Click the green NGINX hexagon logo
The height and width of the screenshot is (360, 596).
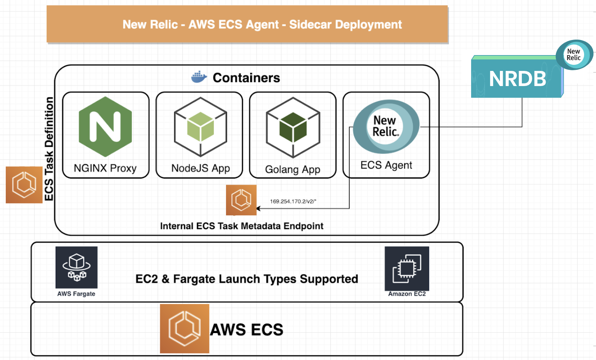click(x=105, y=127)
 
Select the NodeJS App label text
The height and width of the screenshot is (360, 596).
click(x=200, y=168)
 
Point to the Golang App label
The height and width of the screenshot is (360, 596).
click(x=293, y=169)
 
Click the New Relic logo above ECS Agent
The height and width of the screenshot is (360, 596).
click(x=386, y=126)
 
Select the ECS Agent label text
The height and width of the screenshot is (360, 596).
click(x=386, y=165)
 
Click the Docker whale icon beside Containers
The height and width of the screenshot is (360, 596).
click(x=199, y=77)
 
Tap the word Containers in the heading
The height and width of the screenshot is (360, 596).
click(x=246, y=78)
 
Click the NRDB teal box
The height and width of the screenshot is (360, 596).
click(x=517, y=79)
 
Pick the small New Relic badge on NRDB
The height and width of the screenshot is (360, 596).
click(x=574, y=55)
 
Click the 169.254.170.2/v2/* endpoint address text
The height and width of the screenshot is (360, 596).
click(x=293, y=201)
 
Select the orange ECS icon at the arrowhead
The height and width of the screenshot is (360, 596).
click(x=241, y=200)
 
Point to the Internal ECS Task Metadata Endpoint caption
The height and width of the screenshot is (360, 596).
click(x=241, y=226)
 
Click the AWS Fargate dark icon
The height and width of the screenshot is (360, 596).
click(x=76, y=267)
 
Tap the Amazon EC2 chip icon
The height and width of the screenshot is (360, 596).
click(x=407, y=268)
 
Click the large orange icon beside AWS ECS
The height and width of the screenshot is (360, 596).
click(x=185, y=328)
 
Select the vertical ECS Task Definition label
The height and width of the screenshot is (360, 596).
click(x=49, y=149)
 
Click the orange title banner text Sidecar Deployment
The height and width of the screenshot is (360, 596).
click(x=345, y=24)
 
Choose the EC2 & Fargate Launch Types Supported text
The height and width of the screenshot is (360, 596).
click(x=247, y=279)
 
